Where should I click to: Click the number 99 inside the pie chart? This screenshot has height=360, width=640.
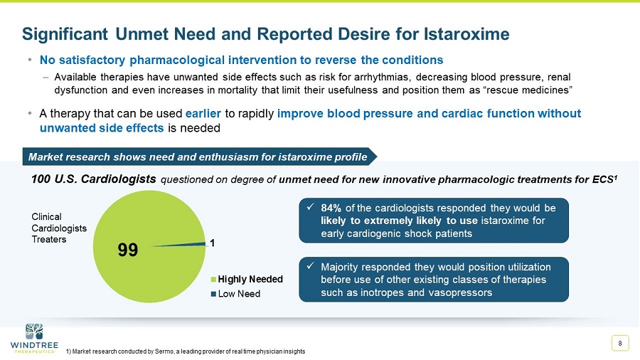[127, 250]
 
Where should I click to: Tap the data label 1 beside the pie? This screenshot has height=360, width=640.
[211, 243]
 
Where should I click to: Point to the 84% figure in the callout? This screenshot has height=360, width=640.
[331, 208]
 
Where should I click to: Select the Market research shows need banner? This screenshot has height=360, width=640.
[196, 157]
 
